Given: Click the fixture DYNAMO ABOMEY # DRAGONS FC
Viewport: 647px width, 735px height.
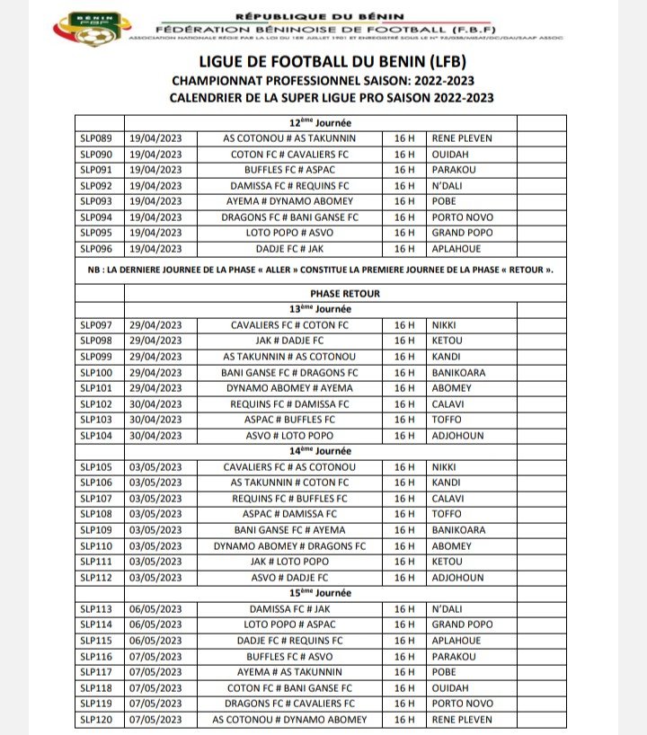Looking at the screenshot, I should click(289, 546).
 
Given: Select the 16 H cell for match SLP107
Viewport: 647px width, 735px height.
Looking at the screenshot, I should click(403, 499).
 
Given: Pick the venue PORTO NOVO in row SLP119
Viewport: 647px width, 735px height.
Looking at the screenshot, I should click(462, 704).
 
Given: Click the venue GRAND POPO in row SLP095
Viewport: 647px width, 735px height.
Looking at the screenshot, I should click(461, 234).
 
